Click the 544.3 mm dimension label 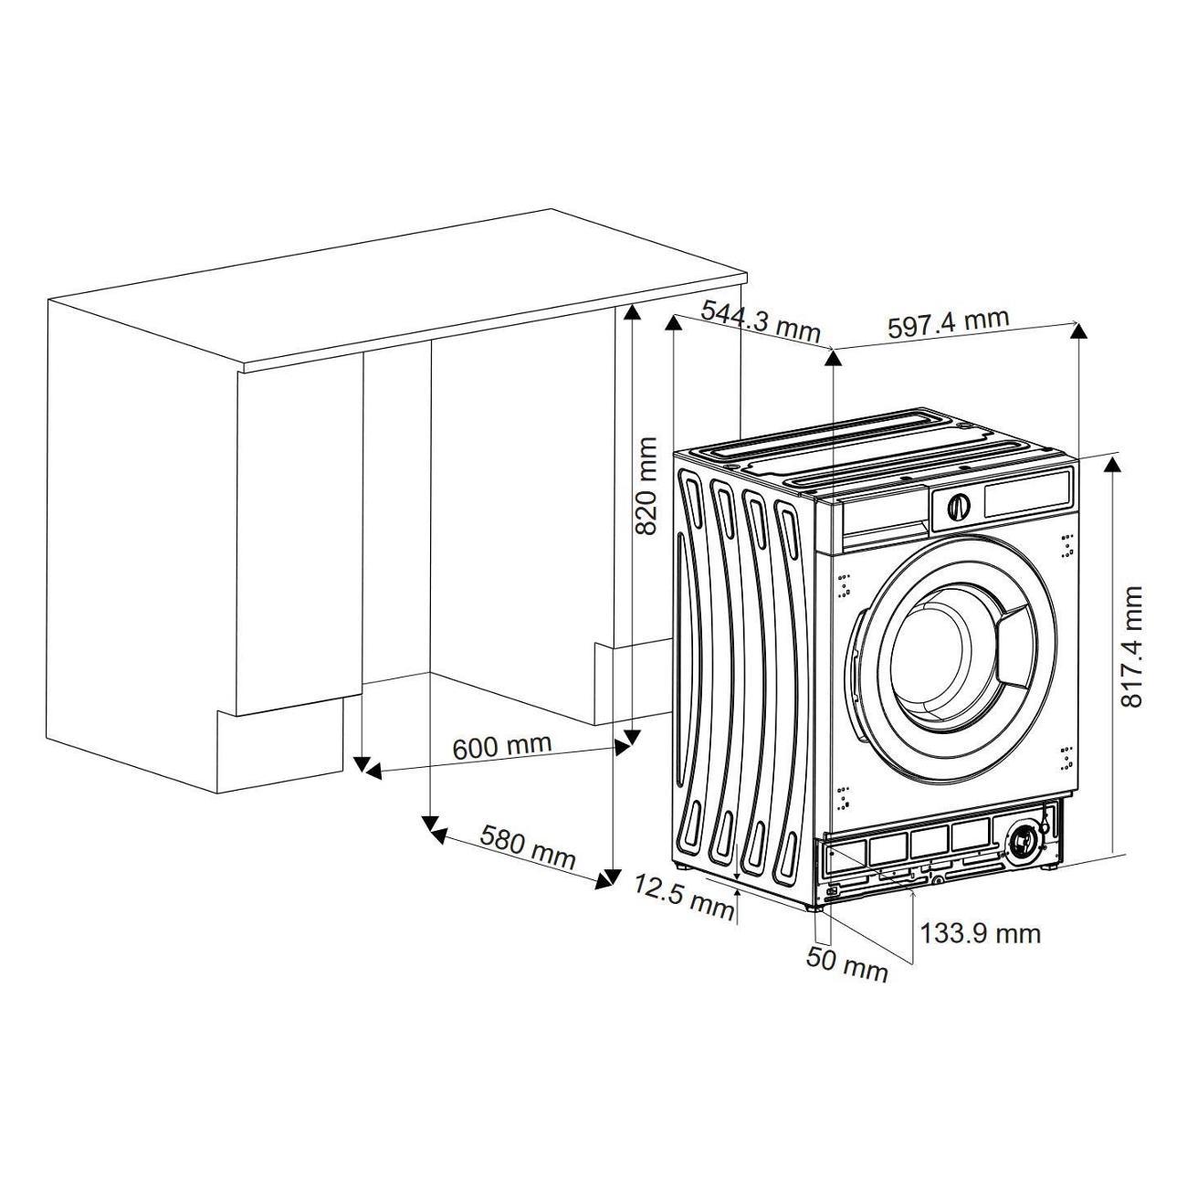pyautogui.click(x=762, y=320)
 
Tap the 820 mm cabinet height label pyautogui.click(x=646, y=486)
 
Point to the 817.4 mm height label pyautogui.click(x=1131, y=646)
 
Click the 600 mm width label pyautogui.click(x=502, y=746)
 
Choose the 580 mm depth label pyautogui.click(x=527, y=847)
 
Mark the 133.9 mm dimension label pyautogui.click(x=980, y=934)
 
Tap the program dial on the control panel pyautogui.click(x=959, y=506)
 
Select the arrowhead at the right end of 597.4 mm pyautogui.click(x=1077, y=331)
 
